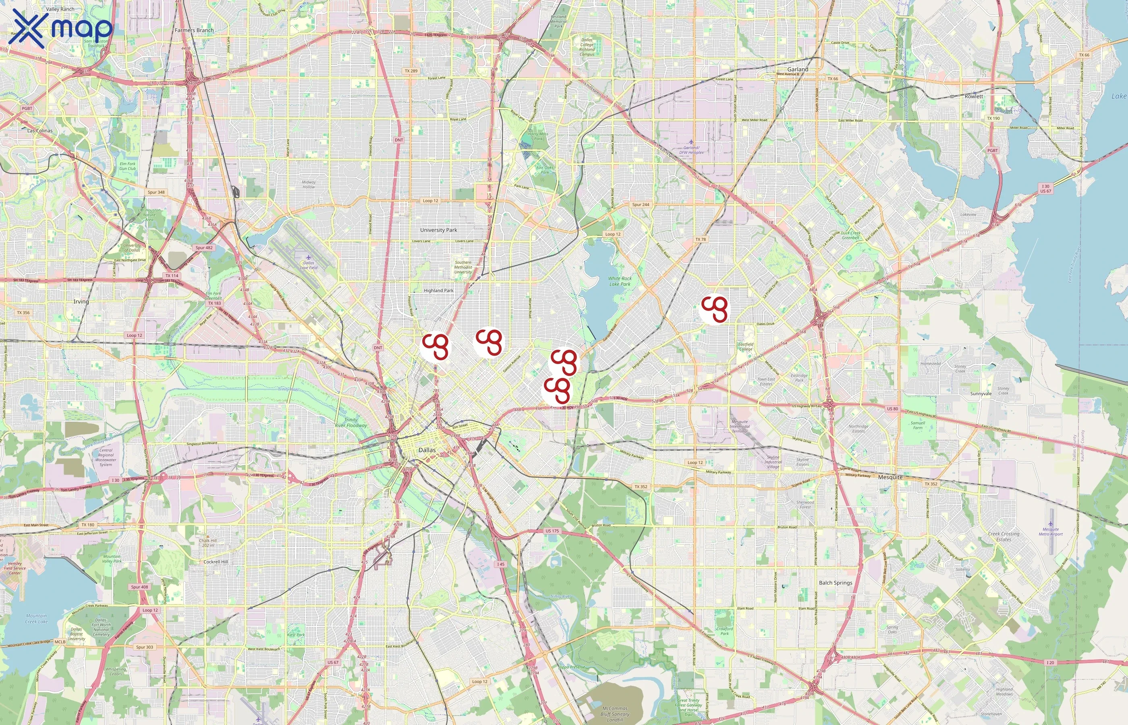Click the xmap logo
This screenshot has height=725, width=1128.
coord(61,28)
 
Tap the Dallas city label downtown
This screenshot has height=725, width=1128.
coord(427,450)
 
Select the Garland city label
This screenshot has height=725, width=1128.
coord(798,69)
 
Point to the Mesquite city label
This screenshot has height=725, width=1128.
coord(890,477)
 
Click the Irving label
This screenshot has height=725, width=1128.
coord(81,301)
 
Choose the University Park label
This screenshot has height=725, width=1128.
coord(438,230)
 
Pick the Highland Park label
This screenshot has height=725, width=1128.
coord(438,290)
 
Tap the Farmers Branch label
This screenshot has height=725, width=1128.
coord(194,30)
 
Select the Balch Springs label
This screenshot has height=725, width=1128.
coord(835,582)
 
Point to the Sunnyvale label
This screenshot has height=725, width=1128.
coord(981,394)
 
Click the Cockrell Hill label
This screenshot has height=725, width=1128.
coord(216,561)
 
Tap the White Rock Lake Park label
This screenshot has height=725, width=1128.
coord(620,281)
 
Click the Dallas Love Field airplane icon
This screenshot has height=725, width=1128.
coord(308,257)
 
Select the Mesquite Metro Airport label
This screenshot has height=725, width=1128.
coord(1050,532)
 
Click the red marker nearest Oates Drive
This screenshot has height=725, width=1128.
coord(714,309)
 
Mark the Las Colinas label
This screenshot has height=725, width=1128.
coord(40,130)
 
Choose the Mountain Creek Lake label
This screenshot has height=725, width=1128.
coord(36,619)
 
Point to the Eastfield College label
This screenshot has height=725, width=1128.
coord(745,346)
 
